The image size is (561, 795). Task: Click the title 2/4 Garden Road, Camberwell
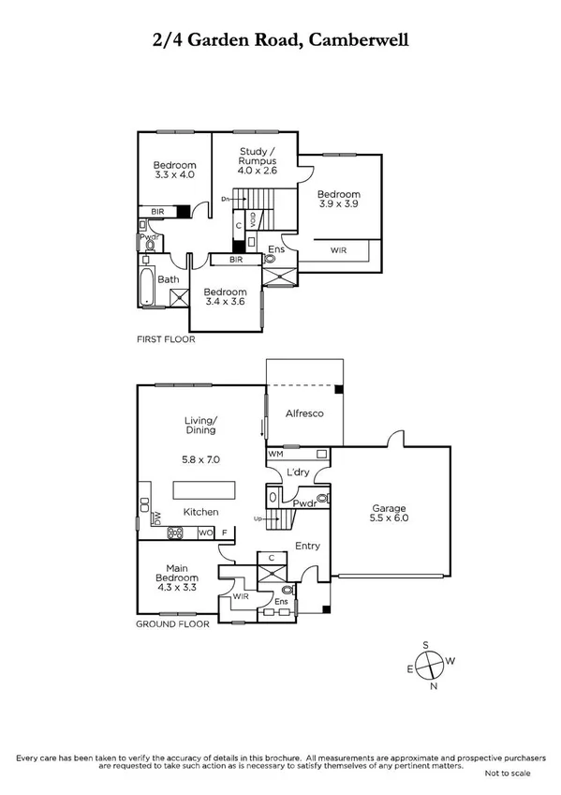point(280,40)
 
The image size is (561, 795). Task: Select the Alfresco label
point(304,412)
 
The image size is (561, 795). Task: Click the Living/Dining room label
point(200,427)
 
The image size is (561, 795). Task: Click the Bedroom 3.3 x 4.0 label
point(174,170)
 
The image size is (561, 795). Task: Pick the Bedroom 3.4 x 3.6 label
point(225,296)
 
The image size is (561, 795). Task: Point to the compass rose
point(429,665)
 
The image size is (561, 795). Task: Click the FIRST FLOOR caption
point(165,339)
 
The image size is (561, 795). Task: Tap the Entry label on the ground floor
point(307,546)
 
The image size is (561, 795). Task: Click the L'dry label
point(298,473)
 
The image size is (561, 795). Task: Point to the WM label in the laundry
point(275,453)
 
